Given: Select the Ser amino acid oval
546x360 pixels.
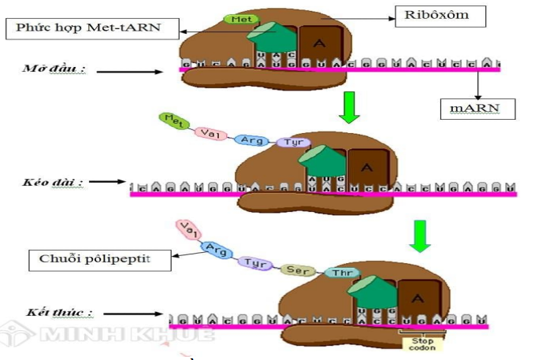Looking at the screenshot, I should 297,269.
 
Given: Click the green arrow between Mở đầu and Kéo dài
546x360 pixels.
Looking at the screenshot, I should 349,106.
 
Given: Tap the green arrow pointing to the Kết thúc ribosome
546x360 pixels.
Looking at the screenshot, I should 421,235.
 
